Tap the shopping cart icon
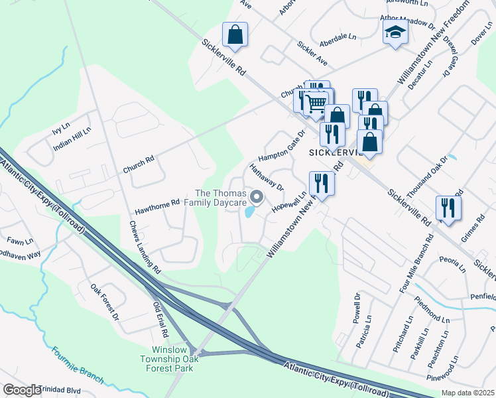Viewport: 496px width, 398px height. [x=316, y=102]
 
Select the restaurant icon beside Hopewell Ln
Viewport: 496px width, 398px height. [x=322, y=182]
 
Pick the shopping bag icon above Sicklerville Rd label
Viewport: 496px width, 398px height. [x=235, y=34]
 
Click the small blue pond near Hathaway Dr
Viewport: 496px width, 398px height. [x=249, y=212]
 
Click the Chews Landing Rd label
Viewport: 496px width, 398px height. [x=145, y=247]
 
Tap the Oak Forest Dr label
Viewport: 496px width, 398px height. [x=105, y=304]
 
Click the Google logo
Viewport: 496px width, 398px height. [x=22, y=389]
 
